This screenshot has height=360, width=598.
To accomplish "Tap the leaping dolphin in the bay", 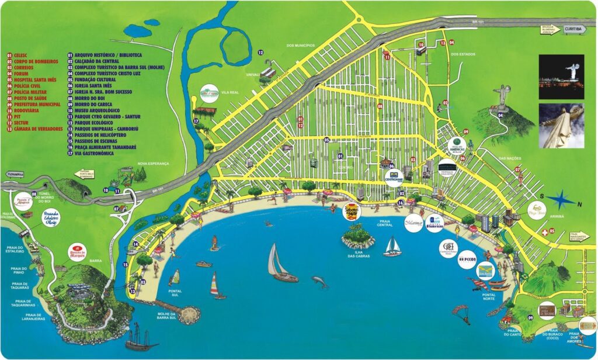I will (319, 282).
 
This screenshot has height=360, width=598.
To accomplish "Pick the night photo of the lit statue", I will (561, 77).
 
